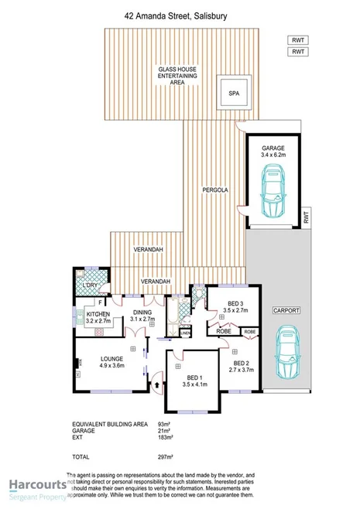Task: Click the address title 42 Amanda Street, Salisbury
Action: (180, 13)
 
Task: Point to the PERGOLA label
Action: (214, 188)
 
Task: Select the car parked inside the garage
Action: (273, 193)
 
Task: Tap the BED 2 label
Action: (241, 366)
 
